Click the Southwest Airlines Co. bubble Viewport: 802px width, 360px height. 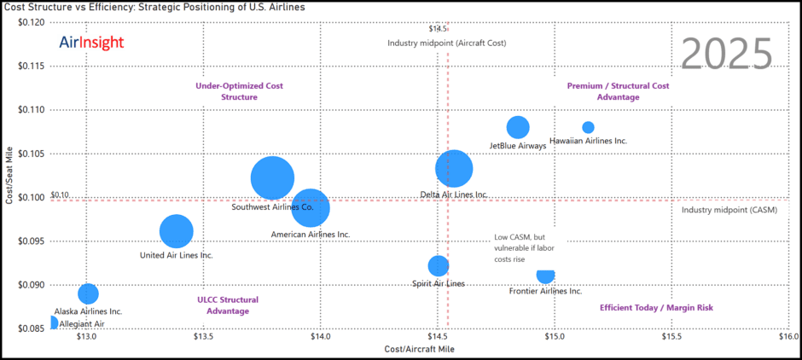point(272,178)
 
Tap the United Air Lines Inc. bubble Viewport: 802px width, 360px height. point(177,230)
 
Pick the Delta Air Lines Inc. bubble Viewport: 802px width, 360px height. point(454,168)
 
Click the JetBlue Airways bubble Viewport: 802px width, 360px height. point(518,127)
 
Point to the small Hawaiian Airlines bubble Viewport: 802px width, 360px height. point(588,127)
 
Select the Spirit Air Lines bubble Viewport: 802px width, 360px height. point(438,265)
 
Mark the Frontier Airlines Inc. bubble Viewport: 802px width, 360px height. point(545,275)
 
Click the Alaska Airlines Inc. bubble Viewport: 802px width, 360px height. point(88,293)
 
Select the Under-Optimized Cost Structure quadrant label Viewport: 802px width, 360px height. point(239,91)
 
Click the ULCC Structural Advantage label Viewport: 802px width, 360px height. point(227,305)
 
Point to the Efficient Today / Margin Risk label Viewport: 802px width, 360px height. point(656,307)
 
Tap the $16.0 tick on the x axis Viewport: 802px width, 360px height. point(788,337)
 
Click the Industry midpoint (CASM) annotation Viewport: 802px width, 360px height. point(729,210)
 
